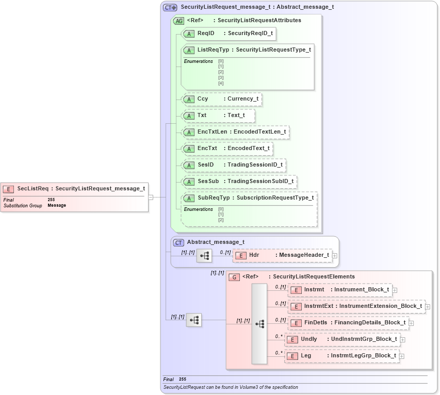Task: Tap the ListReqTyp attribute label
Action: point(213,50)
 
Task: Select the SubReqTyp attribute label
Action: point(214,198)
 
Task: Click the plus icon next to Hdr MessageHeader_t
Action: point(335,255)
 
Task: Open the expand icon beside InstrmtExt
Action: point(428,306)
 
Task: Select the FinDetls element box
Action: point(348,323)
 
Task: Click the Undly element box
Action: point(343,339)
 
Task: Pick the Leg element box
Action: point(342,356)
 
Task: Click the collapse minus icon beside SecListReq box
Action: point(151,197)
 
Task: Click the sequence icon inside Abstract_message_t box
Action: point(204,256)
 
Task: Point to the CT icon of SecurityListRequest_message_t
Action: point(170,8)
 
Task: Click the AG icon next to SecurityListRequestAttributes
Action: point(179,21)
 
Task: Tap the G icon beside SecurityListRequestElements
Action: point(234,277)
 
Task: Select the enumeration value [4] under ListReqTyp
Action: point(221,83)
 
